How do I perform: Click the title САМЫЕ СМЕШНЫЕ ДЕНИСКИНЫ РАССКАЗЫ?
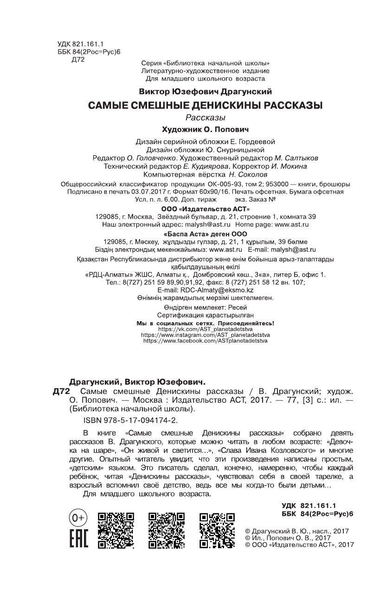(x=205, y=105)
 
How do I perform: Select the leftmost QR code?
(x=116, y=531)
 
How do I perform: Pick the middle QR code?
(x=166, y=531)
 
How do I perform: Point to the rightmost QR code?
(x=217, y=531)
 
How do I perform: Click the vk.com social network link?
(x=205, y=329)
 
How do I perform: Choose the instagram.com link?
(x=205, y=334)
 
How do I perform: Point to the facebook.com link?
(x=205, y=340)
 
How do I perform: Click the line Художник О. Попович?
(x=205, y=128)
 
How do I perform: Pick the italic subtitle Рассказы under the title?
(x=205, y=117)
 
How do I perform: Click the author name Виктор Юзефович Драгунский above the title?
(x=205, y=92)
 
